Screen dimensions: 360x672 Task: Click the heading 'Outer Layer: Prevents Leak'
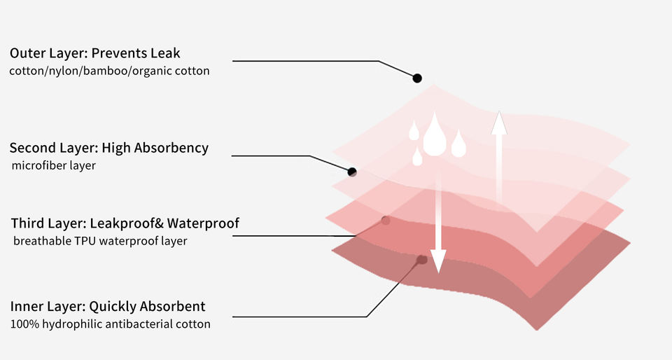click(95, 53)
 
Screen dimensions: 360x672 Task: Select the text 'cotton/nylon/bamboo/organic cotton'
click(109, 71)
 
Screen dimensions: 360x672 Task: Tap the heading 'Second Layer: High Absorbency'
click(109, 148)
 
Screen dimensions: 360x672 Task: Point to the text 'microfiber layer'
click(54, 166)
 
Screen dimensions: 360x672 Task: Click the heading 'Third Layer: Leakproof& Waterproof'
click(125, 223)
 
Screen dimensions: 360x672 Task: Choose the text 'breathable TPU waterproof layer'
click(100, 241)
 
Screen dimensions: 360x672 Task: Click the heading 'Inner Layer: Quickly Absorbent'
click(108, 307)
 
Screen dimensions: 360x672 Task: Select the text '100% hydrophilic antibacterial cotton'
click(110, 324)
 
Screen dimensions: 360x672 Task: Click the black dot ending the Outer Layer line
click(416, 78)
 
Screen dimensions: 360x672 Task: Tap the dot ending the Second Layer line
click(352, 172)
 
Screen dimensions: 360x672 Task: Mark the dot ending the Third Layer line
click(385, 221)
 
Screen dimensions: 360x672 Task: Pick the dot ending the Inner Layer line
click(421, 260)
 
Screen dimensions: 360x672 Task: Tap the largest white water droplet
click(435, 134)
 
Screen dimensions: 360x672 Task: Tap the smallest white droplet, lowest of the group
click(417, 157)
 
